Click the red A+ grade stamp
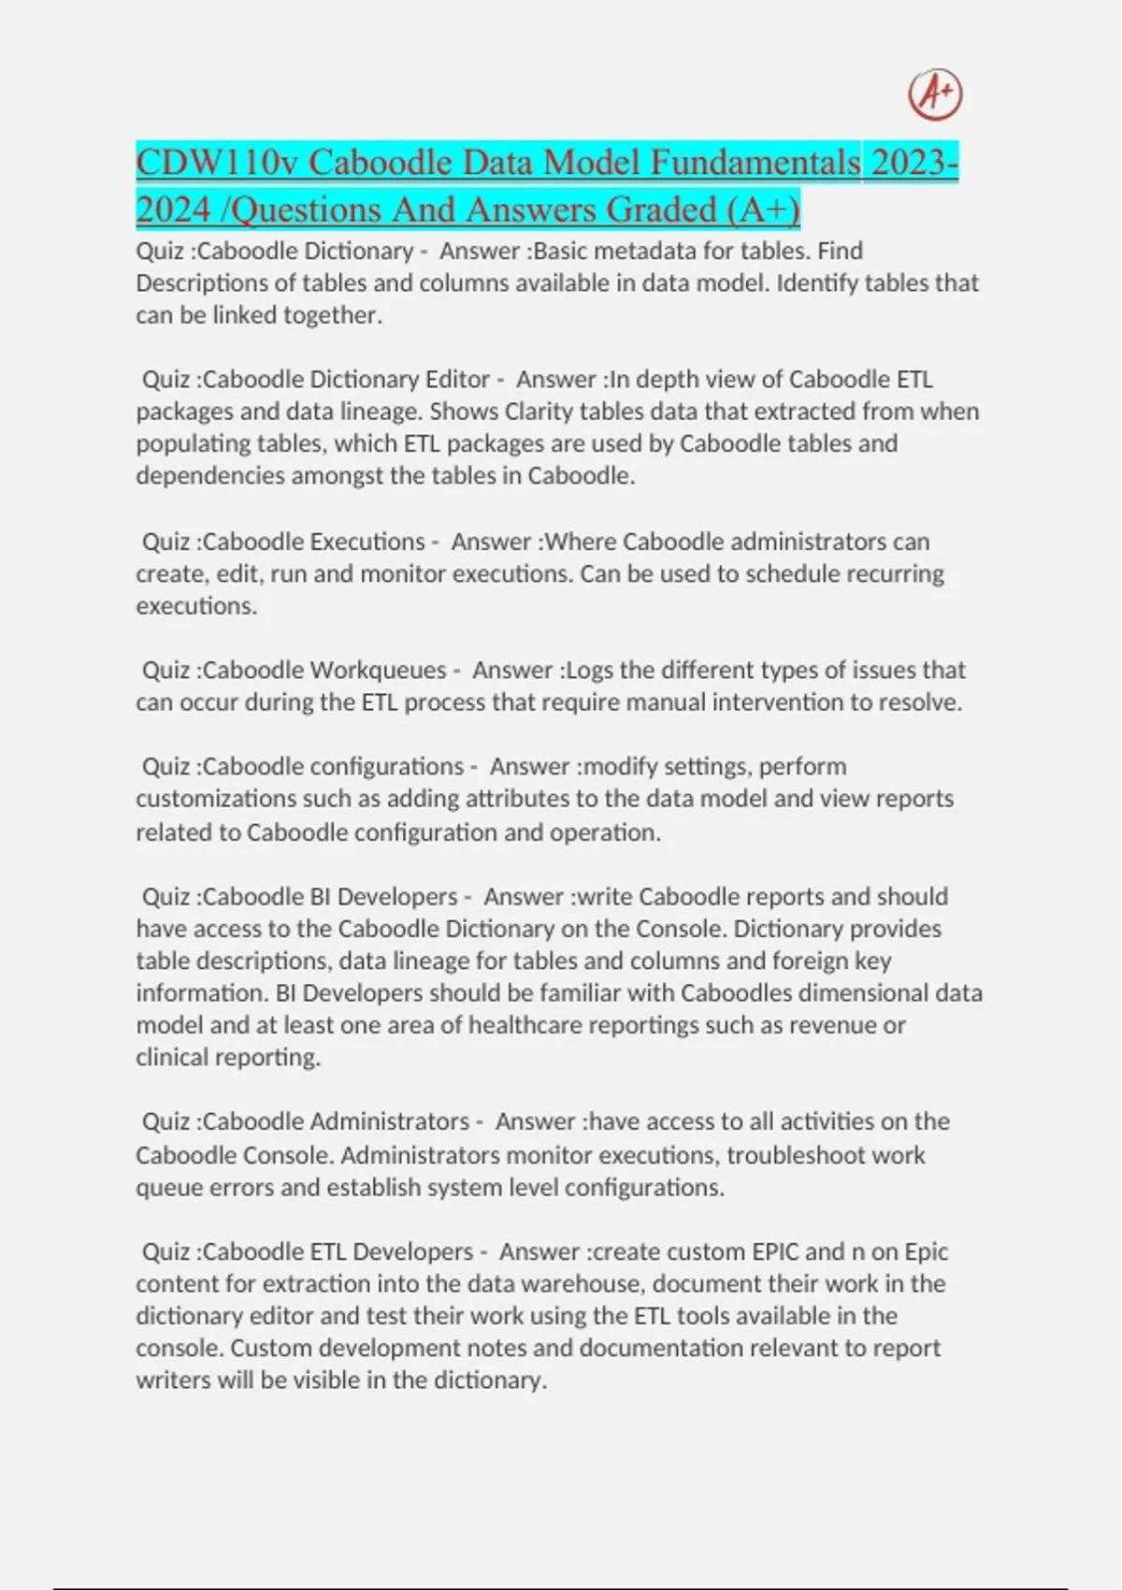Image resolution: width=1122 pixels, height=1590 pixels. [935, 94]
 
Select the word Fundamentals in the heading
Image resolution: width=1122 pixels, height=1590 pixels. [755, 163]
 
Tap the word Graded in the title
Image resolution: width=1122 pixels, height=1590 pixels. [663, 210]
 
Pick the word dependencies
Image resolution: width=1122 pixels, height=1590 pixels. [210, 476]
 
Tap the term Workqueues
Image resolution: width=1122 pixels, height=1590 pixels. [378, 671]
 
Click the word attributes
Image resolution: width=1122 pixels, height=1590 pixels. [510, 799]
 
